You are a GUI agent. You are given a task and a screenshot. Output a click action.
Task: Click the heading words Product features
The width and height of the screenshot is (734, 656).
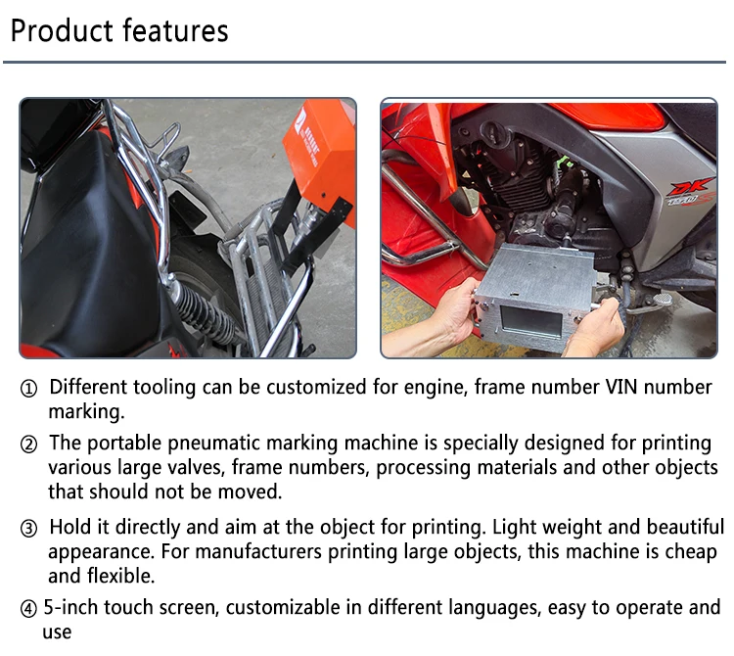coord(118,30)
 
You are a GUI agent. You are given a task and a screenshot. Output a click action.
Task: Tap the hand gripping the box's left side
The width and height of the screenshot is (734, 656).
coord(455,313)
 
